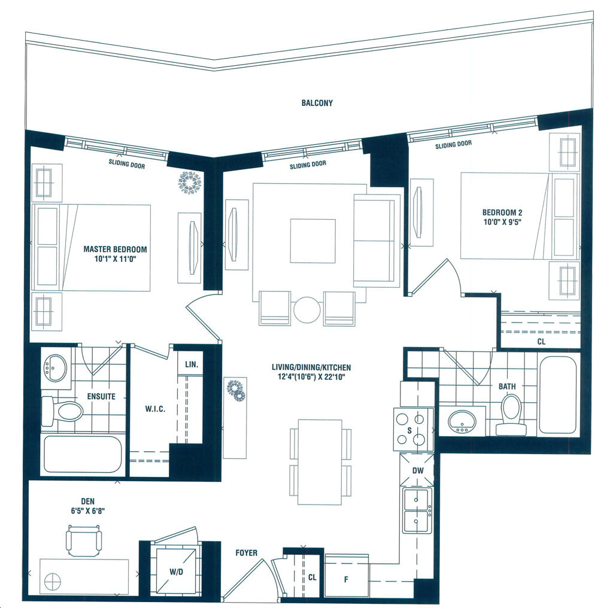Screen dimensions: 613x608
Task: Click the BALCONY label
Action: click(x=317, y=103)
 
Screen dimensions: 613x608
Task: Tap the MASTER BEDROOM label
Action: click(x=116, y=250)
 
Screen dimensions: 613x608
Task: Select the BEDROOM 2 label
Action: click(x=502, y=213)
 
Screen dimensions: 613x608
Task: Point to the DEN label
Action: click(x=88, y=501)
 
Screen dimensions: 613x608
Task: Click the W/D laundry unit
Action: click(x=177, y=571)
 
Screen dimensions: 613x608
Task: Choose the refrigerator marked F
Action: click(x=347, y=576)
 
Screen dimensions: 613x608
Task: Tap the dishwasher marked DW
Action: click(x=417, y=470)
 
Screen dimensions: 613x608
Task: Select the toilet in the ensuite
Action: click(x=62, y=411)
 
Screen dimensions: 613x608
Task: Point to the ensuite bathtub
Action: click(x=83, y=454)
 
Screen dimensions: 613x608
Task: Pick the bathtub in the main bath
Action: click(x=558, y=394)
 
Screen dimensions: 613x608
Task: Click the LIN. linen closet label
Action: click(x=192, y=364)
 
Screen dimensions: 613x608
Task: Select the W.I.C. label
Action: click(x=155, y=409)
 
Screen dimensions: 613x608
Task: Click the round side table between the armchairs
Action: click(x=307, y=310)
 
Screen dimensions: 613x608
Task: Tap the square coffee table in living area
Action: click(x=312, y=241)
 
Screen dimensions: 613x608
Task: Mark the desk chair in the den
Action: click(x=84, y=540)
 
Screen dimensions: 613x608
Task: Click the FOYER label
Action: click(x=246, y=553)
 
